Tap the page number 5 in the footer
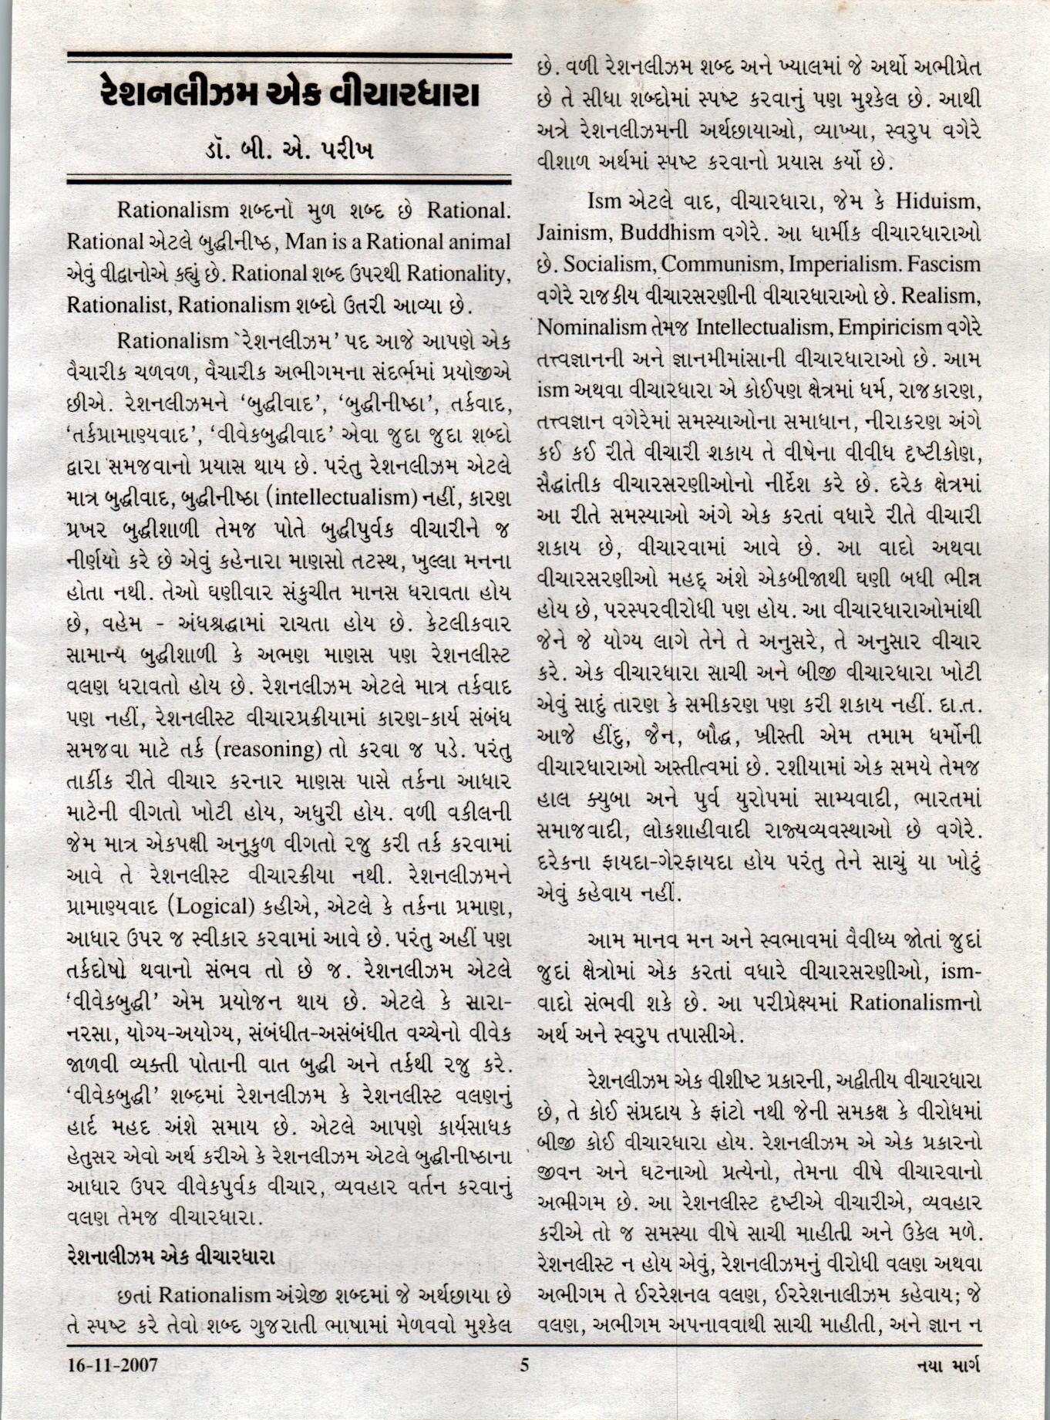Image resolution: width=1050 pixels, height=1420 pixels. pos(524,1365)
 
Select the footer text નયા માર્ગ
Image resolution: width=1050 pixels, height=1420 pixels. pos(948,1365)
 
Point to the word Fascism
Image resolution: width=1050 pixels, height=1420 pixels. pos(944,265)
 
